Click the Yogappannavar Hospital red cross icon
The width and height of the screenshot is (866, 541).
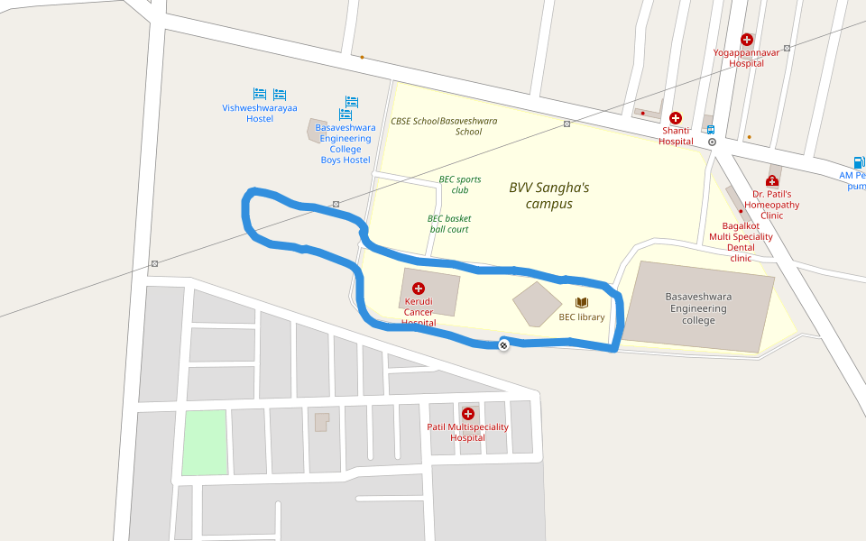pos(747,40)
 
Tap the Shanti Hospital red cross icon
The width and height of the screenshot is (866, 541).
pos(676,118)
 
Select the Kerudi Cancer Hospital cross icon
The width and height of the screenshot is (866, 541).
pos(419,289)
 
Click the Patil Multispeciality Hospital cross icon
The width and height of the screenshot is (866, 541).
pos(467,414)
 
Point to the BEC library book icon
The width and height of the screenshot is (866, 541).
pos(582,303)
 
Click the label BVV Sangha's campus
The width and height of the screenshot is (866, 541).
pos(548,196)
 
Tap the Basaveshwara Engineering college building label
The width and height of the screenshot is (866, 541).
pos(698,308)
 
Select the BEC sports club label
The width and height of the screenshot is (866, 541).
pos(460,185)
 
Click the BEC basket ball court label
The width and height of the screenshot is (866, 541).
pos(449,224)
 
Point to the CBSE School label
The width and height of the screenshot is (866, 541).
pos(415,121)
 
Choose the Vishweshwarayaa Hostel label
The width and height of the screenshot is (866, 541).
pos(260,114)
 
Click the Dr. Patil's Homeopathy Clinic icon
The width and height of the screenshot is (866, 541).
pos(772,181)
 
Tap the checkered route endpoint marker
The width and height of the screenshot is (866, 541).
pos(503,344)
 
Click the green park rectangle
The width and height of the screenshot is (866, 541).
pos(205,442)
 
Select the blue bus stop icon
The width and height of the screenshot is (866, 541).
pos(711,129)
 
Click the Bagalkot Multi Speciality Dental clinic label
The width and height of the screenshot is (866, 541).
pos(741,242)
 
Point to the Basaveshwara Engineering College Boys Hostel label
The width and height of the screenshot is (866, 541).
pos(345,144)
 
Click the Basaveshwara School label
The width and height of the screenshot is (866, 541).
pos(468,126)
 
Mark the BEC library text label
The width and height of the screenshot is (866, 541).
pos(582,317)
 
